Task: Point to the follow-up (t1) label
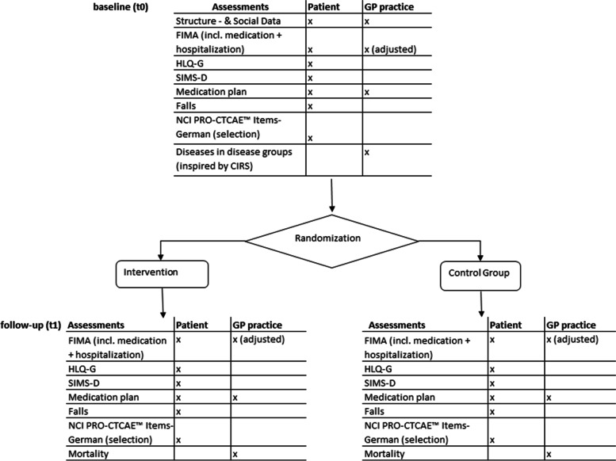point(32,324)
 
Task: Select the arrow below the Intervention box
point(163,303)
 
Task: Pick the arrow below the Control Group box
point(482,303)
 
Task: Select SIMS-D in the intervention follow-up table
point(86,383)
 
